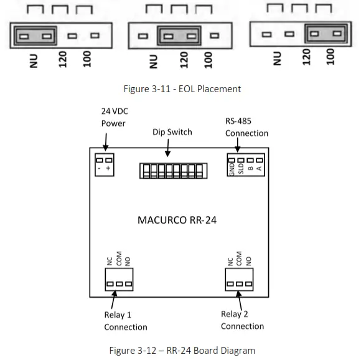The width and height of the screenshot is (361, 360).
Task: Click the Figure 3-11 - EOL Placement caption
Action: [x=180, y=88]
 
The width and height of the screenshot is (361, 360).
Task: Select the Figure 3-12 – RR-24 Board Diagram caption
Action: [x=180, y=350]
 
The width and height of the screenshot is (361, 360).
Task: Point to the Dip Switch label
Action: [x=172, y=132]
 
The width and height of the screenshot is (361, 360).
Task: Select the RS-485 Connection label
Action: [x=246, y=128]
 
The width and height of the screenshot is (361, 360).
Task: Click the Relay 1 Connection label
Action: [x=125, y=321]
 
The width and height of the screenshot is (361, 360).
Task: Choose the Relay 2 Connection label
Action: [x=242, y=320]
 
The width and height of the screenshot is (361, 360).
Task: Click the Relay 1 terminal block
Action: [x=120, y=283]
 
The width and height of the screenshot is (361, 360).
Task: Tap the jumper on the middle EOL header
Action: [x=179, y=36]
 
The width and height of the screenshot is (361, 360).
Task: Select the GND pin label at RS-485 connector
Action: [x=232, y=169]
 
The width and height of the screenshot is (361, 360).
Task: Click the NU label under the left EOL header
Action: [x=34, y=60]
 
